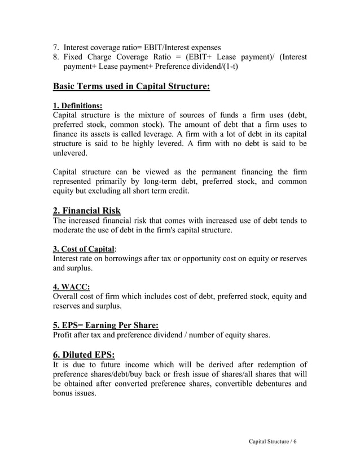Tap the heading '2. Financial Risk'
pyautogui.click(x=86, y=211)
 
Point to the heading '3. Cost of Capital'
pyautogui.click(x=84, y=249)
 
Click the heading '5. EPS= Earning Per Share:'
pyautogui.click(x=105, y=325)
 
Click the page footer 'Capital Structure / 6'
pyautogui.click(x=272, y=441)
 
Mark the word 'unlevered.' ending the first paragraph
pyautogui.click(x=70, y=153)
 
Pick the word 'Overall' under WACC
pyautogui.click(x=67, y=296)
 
